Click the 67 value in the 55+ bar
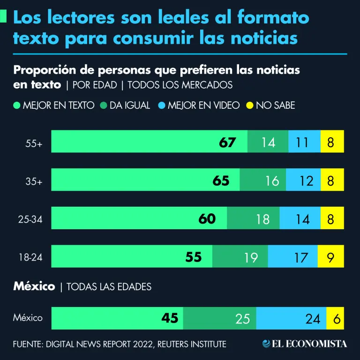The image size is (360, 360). point(227,142)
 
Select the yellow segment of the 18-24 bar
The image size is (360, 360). point(331,257)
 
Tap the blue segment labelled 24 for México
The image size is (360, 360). point(291,319)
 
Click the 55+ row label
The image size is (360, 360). point(34,144)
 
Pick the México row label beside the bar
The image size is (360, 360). point(28,318)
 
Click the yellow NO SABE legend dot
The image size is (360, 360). point(249,105)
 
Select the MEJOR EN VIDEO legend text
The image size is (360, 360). point(203,105)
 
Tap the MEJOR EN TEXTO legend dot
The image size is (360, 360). point(17,105)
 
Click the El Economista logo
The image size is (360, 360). point(305,344)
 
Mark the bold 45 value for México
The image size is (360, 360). point(170,318)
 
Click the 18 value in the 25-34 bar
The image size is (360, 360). point(262,219)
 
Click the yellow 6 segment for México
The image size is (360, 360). point(335,319)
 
